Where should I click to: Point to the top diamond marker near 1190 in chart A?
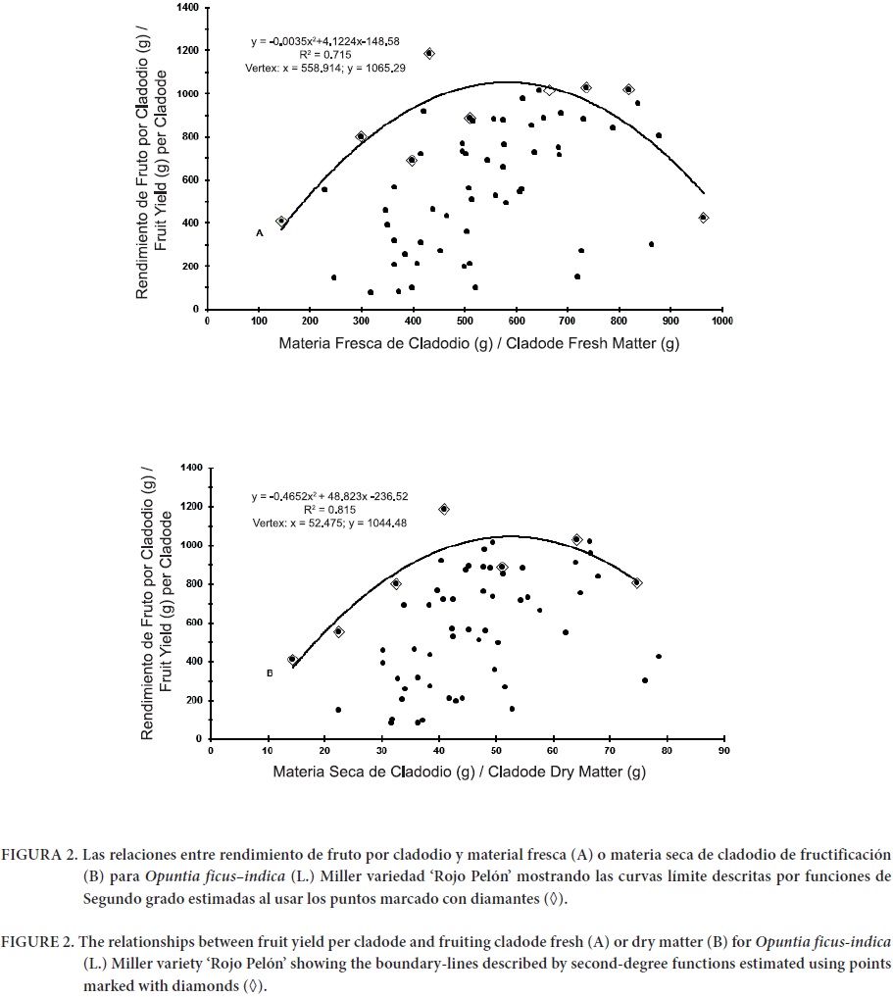coord(428,53)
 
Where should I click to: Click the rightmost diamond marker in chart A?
coord(703,218)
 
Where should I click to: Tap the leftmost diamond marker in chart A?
coord(281,222)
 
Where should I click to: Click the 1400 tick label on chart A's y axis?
coord(186,8)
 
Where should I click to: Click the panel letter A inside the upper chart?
coord(259,233)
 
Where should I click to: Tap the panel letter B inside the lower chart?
coord(268,673)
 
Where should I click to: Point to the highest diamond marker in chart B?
coord(444,509)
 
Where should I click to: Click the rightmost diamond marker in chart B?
coord(636,582)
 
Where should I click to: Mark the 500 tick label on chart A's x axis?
coord(465,320)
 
